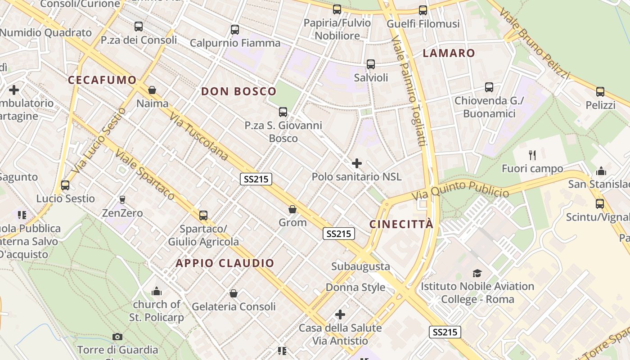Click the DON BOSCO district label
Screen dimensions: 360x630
[x=238, y=91]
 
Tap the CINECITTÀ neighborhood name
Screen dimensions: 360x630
[x=401, y=224]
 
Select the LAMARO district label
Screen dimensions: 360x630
[x=449, y=53]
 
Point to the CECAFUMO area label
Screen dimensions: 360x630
[x=102, y=80]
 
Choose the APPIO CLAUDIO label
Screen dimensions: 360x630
[x=225, y=263]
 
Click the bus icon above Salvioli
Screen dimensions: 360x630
[x=370, y=64]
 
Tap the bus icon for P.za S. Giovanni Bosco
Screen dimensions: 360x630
[x=283, y=112]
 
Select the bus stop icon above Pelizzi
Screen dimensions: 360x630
[x=600, y=92]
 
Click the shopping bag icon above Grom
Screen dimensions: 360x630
[x=292, y=209]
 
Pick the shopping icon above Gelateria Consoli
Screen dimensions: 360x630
[x=233, y=293]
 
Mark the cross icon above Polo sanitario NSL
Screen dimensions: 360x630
[x=357, y=163]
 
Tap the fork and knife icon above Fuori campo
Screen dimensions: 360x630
[x=532, y=155]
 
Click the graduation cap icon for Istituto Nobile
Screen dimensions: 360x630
[x=477, y=273]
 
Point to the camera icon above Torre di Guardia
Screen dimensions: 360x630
[x=117, y=337]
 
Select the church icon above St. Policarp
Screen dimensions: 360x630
[x=156, y=291]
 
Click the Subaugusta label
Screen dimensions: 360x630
[x=360, y=266]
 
